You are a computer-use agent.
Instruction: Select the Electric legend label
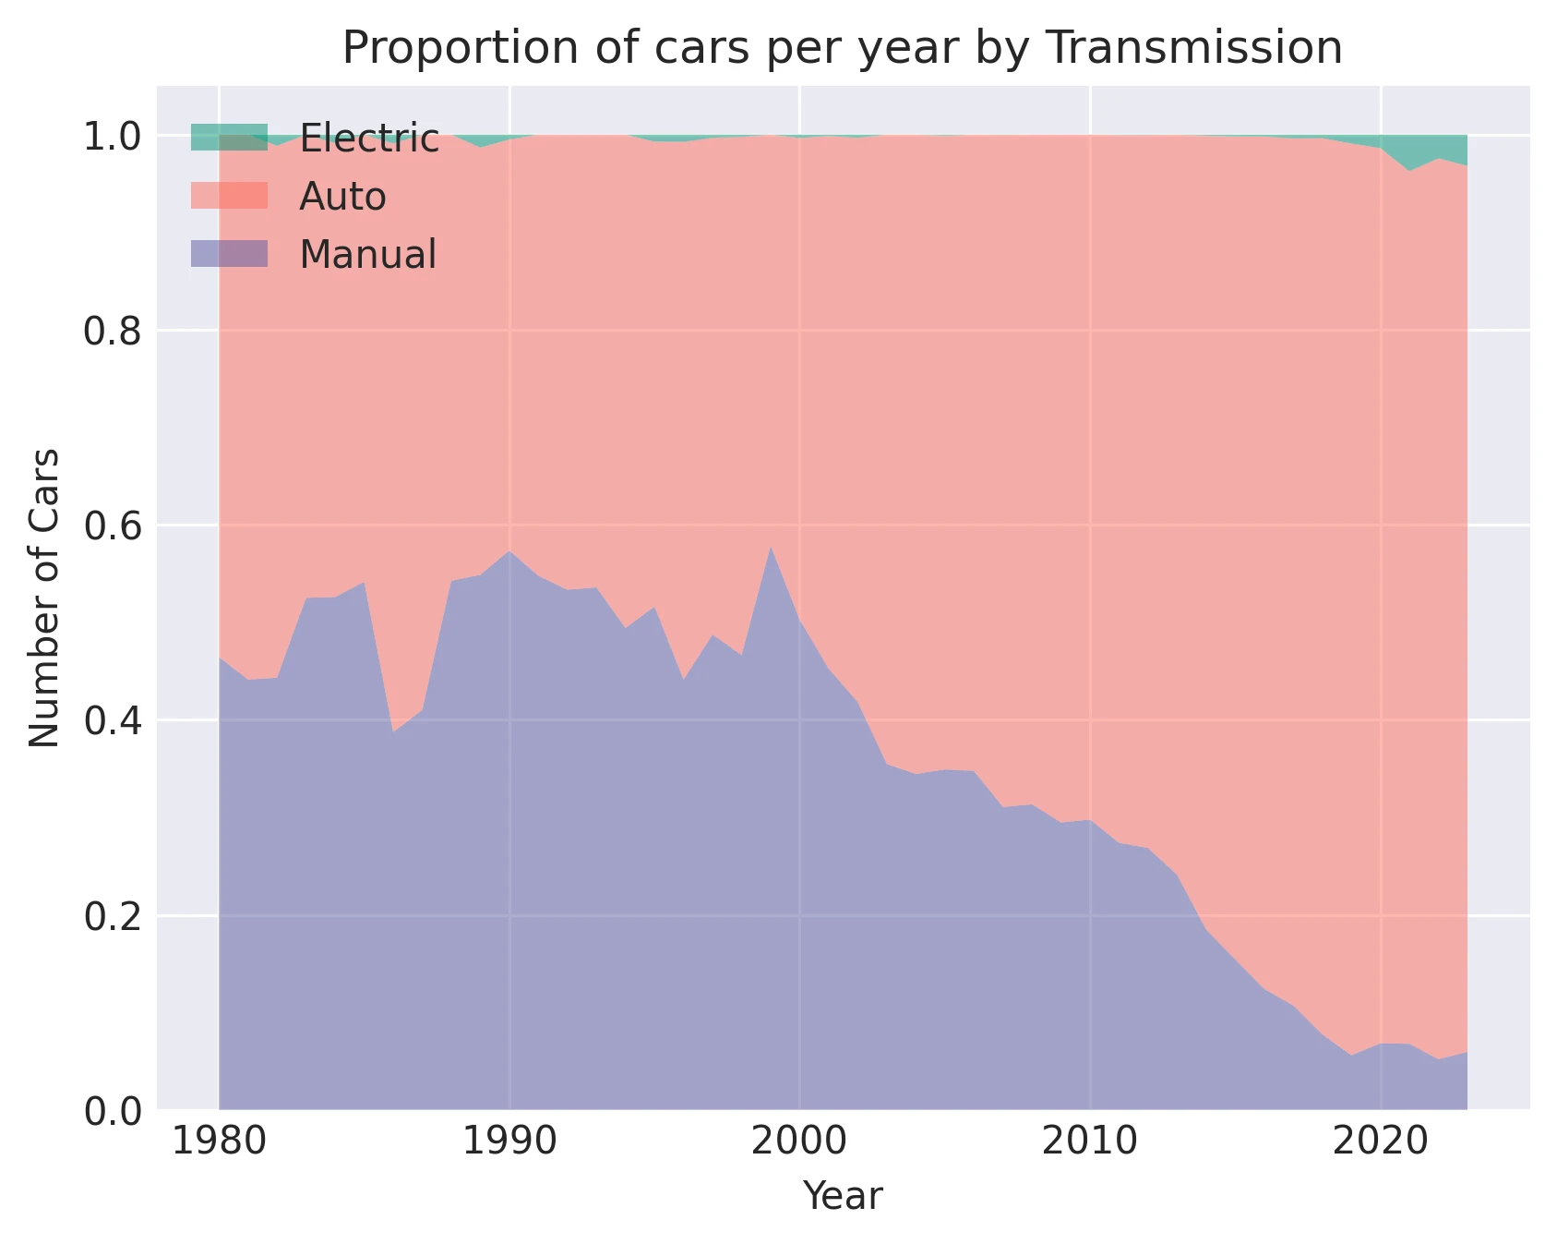coord(369,139)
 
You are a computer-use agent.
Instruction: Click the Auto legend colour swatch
coord(229,196)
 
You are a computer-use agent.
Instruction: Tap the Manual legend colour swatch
coord(229,254)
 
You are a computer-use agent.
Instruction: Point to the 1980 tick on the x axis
coord(219,1141)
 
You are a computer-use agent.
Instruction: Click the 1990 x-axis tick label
coord(509,1141)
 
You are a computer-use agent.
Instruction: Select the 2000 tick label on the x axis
coord(799,1141)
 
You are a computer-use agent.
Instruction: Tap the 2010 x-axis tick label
coord(1089,1141)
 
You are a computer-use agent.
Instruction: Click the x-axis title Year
coord(843,1196)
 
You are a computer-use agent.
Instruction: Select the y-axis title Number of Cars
coord(44,598)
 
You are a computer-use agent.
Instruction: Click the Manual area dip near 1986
coord(393,732)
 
